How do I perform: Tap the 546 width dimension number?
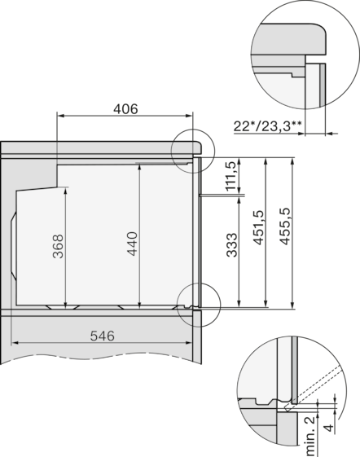tap(102, 336)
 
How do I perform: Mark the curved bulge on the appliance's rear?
tap(13, 244)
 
